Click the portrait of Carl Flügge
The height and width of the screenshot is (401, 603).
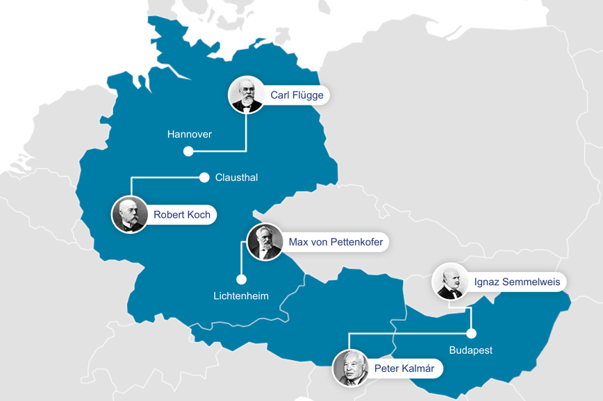pyautogui.click(x=247, y=94)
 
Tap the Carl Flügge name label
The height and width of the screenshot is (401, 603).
pyautogui.click(x=297, y=95)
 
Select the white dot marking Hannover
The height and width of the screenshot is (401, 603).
pyautogui.click(x=188, y=151)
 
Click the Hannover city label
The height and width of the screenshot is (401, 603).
pyautogui.click(x=189, y=134)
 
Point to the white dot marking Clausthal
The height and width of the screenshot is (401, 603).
pyautogui.click(x=204, y=178)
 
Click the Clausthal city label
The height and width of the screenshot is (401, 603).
pyautogui.click(x=236, y=178)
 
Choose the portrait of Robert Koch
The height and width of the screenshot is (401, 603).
pyautogui.click(x=130, y=214)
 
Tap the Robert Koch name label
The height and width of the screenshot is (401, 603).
pyautogui.click(x=181, y=214)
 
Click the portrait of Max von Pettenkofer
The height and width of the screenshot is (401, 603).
pyautogui.click(x=265, y=242)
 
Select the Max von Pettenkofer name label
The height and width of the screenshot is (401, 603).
pyautogui.click(x=335, y=242)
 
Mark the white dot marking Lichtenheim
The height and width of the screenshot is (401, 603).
pyautogui.click(x=241, y=280)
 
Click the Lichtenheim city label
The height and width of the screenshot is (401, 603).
pyautogui.click(x=240, y=296)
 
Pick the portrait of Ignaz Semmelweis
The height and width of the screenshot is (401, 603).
pyautogui.click(x=449, y=282)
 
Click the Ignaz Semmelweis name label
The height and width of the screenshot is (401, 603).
pyautogui.click(x=517, y=282)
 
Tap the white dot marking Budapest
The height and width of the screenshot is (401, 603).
pyautogui.click(x=472, y=334)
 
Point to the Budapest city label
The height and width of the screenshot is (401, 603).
pyautogui.click(x=470, y=350)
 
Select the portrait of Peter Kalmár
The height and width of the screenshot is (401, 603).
pyautogui.click(x=351, y=368)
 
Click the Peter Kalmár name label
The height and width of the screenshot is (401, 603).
pyautogui.click(x=404, y=368)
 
